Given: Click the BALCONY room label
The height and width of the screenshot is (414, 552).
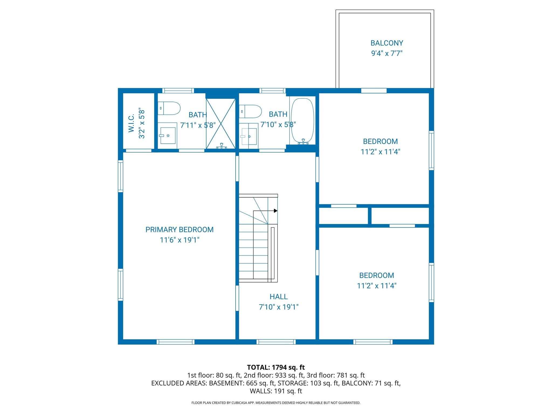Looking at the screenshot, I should pos(387,43).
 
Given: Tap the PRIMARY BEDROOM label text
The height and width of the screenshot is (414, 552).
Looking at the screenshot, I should pos(180,230).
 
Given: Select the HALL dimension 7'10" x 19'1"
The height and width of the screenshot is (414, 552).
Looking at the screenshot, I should pos(278,307).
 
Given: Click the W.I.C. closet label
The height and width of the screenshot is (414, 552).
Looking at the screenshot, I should pos(131,123).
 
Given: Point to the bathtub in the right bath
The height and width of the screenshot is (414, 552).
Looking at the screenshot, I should pos(303,120).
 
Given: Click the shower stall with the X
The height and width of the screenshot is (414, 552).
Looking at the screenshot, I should pos(221,124).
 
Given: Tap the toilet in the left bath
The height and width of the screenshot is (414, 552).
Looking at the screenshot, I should pos(169,108).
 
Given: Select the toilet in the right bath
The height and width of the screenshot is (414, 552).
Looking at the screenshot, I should pos(250,112).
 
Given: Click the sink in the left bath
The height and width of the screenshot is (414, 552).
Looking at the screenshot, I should pos(168,136).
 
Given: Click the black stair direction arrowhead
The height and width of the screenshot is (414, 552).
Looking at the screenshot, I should pos(275,211).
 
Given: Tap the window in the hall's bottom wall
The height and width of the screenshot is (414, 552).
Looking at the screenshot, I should pos(276,342).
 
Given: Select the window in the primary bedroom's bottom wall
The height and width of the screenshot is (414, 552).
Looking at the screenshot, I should pos(175,342).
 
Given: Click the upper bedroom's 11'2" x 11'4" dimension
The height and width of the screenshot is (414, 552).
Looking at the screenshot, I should pos(380,152).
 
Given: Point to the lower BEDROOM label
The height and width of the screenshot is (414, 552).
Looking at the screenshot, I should pos(377,275).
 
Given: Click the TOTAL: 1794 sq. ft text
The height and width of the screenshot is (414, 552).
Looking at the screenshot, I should pos(276,367).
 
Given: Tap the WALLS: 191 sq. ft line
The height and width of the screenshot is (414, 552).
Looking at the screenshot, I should pos(276,391).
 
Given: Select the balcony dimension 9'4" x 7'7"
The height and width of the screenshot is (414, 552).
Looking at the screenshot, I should pos(387,53).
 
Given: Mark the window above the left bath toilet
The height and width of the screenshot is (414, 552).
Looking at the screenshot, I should pos(178,91).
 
